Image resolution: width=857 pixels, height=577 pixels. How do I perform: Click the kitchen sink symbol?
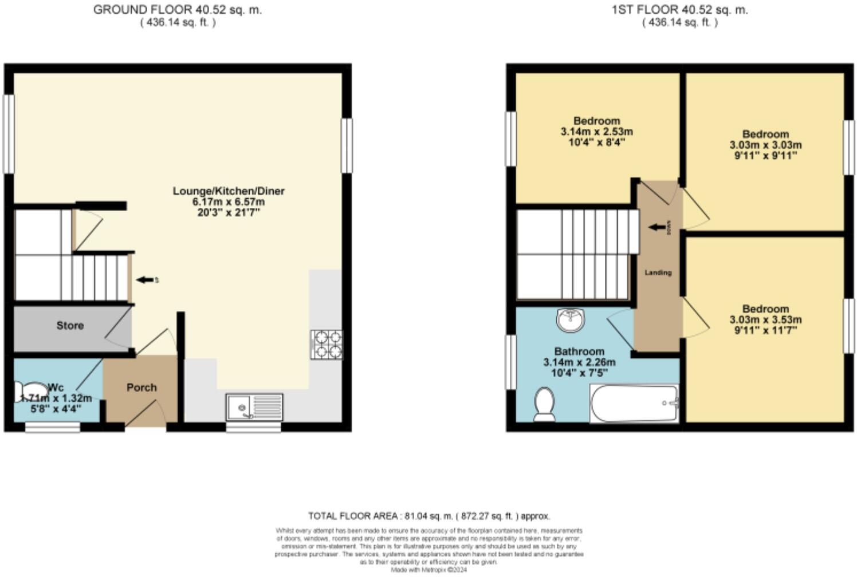254,407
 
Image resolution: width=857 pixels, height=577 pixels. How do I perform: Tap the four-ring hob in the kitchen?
327,345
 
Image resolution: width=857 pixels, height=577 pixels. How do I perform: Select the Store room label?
70,326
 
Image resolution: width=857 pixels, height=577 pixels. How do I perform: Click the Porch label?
141,388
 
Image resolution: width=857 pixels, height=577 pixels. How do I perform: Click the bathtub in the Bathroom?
634,403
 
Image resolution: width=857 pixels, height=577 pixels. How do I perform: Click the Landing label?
658,272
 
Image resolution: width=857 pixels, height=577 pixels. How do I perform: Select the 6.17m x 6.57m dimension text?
229,202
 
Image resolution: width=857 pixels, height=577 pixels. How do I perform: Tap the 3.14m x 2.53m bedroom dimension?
596,132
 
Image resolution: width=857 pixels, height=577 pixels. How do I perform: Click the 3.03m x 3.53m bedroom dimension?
765,319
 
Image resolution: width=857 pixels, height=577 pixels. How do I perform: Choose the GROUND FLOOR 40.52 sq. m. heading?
178,10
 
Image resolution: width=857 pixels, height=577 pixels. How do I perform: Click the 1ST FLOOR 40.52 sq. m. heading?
679,10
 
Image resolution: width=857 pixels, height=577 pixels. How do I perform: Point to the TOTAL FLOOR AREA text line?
428,516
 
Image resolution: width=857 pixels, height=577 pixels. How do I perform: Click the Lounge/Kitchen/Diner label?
229,191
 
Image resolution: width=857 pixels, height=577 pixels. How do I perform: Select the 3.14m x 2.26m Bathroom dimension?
579,362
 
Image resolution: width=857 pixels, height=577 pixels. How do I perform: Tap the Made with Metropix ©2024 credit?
428,570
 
